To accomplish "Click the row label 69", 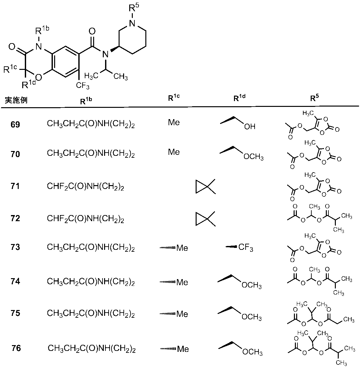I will coord(15,125).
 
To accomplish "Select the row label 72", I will coord(15,219).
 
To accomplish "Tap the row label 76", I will coord(16,348).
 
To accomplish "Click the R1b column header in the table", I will coord(86,100).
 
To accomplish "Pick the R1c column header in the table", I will coord(174,99).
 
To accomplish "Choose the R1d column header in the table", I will coord(240,99).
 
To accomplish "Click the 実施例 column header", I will coord(15,100).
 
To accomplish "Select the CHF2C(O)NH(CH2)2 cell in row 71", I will coord(86,187).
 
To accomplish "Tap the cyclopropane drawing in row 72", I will coord(205,219).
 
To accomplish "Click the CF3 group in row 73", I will coord(246,248).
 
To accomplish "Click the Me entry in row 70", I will coord(174,152).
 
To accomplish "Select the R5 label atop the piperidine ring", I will coord(134,9).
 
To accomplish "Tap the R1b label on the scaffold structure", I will coord(42,32).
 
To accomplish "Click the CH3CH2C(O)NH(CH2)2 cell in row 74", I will coord(91,282).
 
